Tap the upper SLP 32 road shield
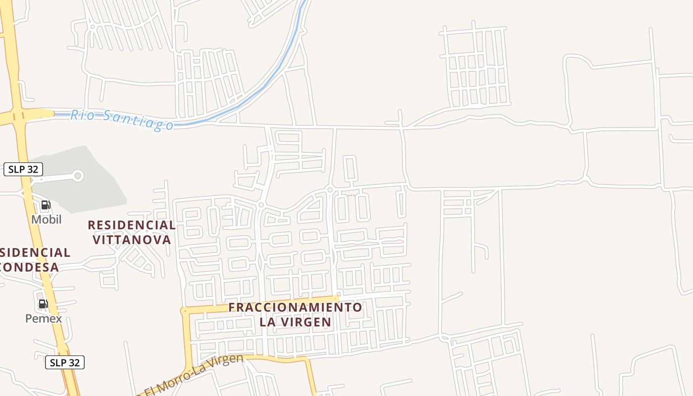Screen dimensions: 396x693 click(x=23, y=169)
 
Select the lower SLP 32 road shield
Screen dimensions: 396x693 click(x=65, y=362)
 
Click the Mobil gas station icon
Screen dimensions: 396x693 click(x=46, y=205)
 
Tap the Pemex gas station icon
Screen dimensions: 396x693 click(x=44, y=304)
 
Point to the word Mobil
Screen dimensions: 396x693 click(x=47, y=219)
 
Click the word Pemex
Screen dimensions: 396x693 click(x=44, y=318)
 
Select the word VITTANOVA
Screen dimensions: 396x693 click(x=132, y=240)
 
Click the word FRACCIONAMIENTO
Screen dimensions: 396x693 click(x=295, y=307)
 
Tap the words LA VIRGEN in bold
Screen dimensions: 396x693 click(x=295, y=322)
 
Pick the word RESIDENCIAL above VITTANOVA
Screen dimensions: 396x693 click(x=132, y=225)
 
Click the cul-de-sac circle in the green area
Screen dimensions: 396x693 click(x=78, y=176)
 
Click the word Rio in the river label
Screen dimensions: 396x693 click(x=80, y=115)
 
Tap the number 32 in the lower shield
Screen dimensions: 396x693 click(x=73, y=362)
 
